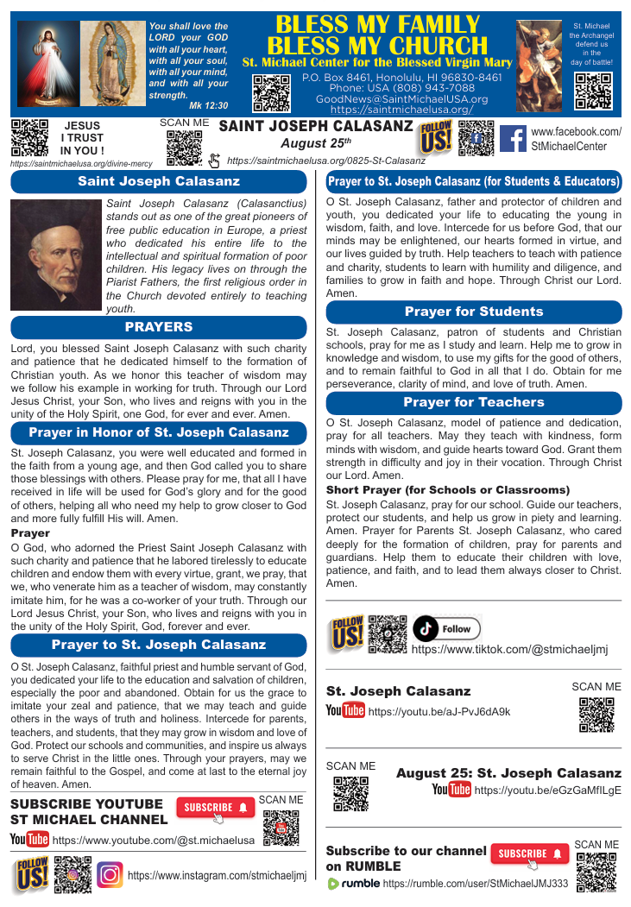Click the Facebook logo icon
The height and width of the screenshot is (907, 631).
click(x=514, y=138)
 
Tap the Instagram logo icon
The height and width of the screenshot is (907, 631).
click(x=110, y=875)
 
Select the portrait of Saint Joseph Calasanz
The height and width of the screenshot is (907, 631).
click(x=56, y=255)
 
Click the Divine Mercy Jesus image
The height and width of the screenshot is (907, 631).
click(x=47, y=65)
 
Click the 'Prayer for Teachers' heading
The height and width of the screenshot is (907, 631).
click(x=474, y=402)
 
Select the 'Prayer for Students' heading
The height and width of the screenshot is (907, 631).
click(x=474, y=312)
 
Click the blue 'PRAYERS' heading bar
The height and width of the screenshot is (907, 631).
click(x=159, y=327)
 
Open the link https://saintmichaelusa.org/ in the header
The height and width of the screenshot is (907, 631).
click(x=401, y=110)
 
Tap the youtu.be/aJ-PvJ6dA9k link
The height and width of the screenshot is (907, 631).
click(x=439, y=712)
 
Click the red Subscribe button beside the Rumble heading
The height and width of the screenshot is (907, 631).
click(x=529, y=853)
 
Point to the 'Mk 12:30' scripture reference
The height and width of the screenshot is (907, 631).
click(x=211, y=105)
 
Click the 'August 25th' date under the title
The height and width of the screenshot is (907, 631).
click(x=316, y=142)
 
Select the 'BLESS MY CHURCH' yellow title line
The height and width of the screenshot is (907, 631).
click(x=377, y=45)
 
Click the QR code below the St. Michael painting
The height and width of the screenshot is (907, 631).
click(x=593, y=91)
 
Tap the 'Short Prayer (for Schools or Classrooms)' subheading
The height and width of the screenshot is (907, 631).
click(x=448, y=489)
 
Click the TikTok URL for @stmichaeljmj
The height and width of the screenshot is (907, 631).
click(x=509, y=650)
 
